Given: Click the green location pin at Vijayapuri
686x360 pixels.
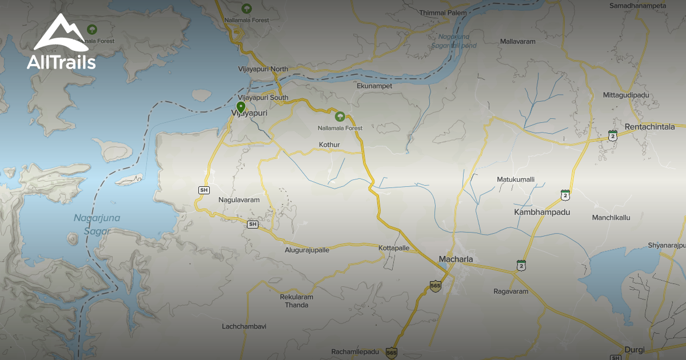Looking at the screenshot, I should pos(241,107).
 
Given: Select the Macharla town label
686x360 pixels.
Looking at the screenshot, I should pos(456,259).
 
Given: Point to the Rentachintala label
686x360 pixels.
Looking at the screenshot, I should pos(650,126).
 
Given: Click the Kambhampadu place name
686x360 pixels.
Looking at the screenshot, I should pos(542,212).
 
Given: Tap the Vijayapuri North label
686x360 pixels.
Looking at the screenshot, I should pos(263,69).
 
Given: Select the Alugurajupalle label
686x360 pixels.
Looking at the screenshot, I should pos(307,250).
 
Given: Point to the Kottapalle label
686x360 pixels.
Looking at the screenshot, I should pos(394,248).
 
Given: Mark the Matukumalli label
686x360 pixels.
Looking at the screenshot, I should pos(515,179).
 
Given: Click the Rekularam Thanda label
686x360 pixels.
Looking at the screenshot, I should pos(297,301).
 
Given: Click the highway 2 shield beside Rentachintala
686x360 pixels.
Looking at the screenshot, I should pos(613,136).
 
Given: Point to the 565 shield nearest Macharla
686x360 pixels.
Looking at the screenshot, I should pos(436,285).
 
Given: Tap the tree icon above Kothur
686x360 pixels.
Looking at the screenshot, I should pos(340,117).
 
